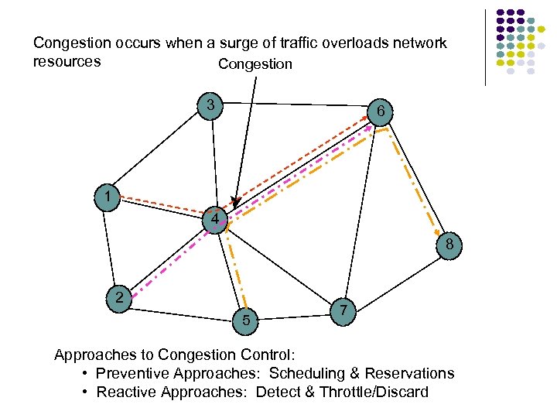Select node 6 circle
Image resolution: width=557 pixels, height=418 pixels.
tap(380, 112)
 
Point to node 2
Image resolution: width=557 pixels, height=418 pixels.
tap(118, 297)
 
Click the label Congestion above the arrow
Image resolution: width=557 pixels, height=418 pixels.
tap(255, 64)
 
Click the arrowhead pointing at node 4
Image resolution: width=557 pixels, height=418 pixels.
tap(236, 203)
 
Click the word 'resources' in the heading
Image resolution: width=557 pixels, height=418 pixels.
tap(67, 61)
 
